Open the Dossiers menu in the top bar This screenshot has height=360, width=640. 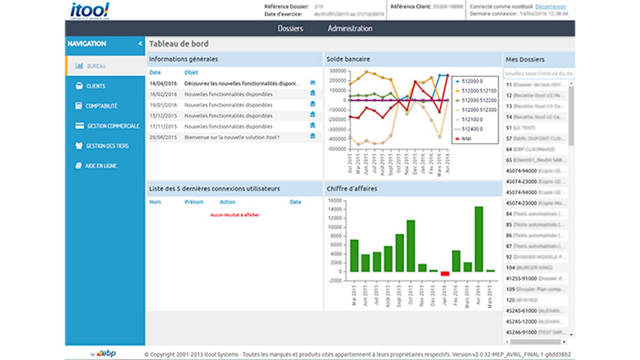pyautogui.click(x=290, y=28)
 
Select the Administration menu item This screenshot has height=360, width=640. pyautogui.click(x=350, y=28)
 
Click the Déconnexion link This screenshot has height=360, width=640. pyautogui.click(x=550, y=6)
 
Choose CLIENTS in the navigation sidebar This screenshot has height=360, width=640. pyautogui.click(x=95, y=86)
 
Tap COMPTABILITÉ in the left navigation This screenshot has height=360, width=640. pyautogui.click(x=101, y=106)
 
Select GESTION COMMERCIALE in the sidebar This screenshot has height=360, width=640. pyautogui.click(x=113, y=126)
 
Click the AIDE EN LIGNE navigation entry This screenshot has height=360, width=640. pyautogui.click(x=101, y=166)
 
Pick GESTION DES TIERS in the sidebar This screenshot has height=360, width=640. pyautogui.click(x=107, y=146)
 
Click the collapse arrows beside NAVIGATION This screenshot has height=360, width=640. pyautogui.click(x=140, y=44)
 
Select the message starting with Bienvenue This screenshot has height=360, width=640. pyautogui.click(x=232, y=137)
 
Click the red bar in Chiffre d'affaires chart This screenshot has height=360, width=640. pyautogui.click(x=445, y=274)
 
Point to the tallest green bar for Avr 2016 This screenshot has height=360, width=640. pyautogui.click(x=478, y=239)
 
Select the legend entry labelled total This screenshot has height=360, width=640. pyautogui.click(x=467, y=138)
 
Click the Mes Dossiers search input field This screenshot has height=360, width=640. pyautogui.click(x=539, y=73)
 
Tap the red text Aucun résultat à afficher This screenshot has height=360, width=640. pyautogui.click(x=235, y=215)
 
